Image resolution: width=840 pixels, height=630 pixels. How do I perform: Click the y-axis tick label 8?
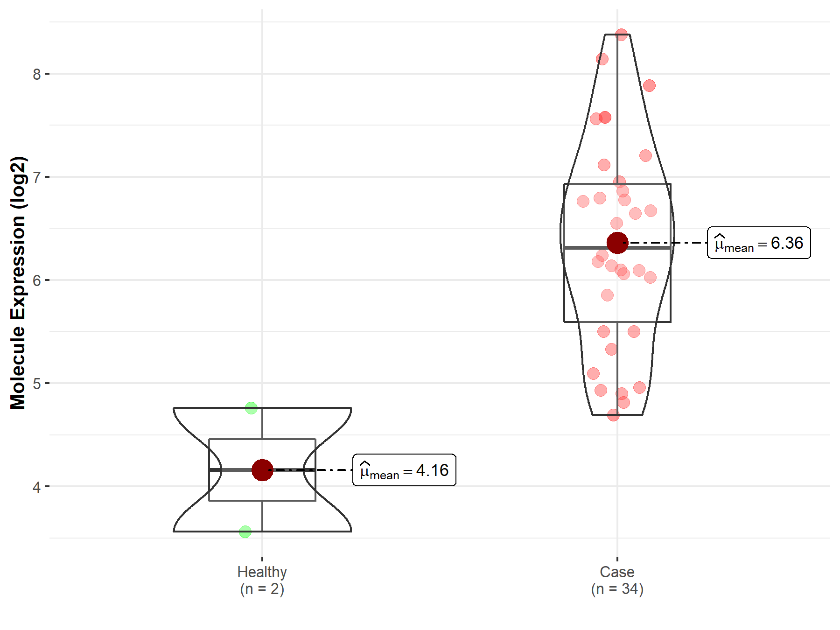point(37,74)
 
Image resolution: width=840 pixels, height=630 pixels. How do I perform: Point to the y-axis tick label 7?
point(37,177)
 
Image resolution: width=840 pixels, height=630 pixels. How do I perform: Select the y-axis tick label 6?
point(37,280)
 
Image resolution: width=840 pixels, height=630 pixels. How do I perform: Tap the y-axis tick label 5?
point(37,384)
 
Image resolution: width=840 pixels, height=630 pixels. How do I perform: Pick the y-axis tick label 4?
point(37,487)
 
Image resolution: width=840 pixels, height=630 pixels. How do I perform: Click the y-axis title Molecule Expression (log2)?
point(18,283)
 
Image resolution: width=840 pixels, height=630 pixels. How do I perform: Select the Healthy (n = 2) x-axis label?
point(262,580)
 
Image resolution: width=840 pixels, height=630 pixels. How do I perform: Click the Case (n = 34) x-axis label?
point(617,580)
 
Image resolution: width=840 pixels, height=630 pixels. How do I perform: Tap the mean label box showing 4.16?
point(404,470)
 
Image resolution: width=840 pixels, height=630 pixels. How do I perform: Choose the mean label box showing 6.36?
point(759,243)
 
